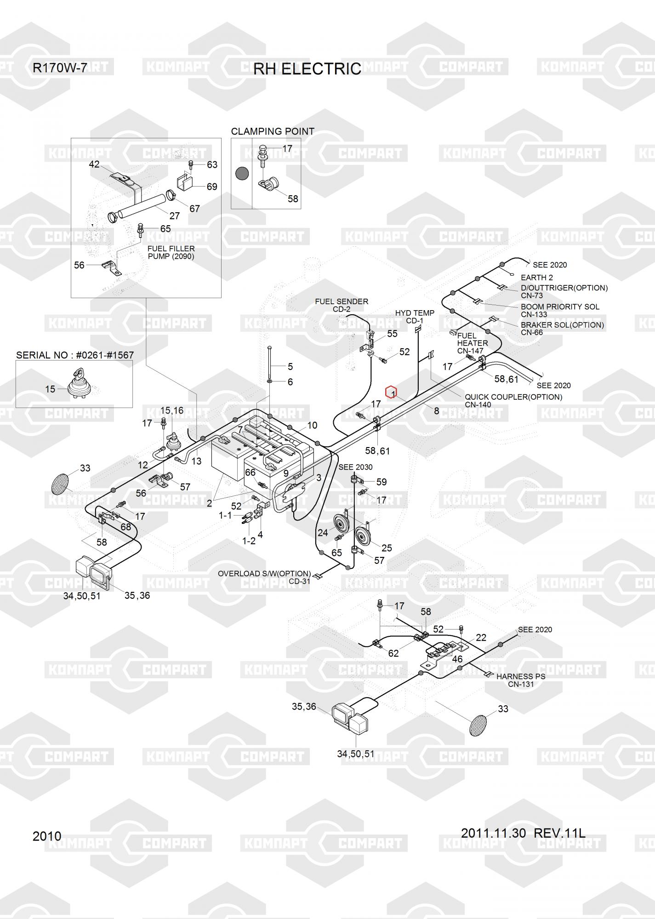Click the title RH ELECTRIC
[x=307, y=69]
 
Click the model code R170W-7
[x=60, y=68]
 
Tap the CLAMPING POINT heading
[x=273, y=131]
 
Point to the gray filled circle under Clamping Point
[x=242, y=174]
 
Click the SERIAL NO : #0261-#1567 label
[x=75, y=355]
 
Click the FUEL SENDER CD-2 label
[x=342, y=306]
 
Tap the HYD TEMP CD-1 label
[x=415, y=317]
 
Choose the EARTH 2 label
[x=536, y=278]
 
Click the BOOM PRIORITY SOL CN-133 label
[x=559, y=311]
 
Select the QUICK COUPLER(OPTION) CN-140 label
[x=513, y=401]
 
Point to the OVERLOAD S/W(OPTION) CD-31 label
[x=264, y=577]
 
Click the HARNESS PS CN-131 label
[x=521, y=680]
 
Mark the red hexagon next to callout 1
[x=391, y=392]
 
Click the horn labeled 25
[x=363, y=537]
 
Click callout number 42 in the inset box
[x=94, y=165]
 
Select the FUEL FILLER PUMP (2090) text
[x=171, y=253]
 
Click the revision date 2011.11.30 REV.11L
[x=523, y=833]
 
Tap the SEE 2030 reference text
[x=355, y=467]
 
